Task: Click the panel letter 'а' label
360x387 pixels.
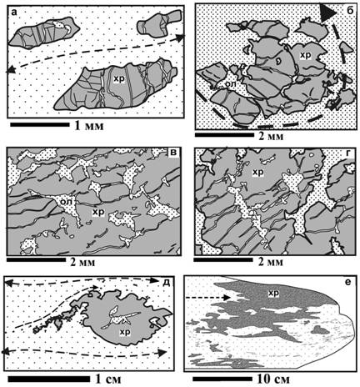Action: (13, 13)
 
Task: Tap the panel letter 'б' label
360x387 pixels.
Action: (349, 11)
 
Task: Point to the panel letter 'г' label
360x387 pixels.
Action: (349, 153)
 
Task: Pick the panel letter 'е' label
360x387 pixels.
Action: (347, 283)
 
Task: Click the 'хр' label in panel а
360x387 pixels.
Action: (118, 79)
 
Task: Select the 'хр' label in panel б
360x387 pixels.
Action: (305, 55)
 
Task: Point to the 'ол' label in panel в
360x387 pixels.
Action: (67, 201)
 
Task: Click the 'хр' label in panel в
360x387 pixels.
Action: (98, 212)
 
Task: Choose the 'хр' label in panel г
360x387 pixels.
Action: (257, 173)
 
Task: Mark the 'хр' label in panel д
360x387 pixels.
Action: (125, 332)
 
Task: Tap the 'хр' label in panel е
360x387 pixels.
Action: (273, 293)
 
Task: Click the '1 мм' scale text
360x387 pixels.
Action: (89, 126)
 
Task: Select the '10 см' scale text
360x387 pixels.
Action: (272, 379)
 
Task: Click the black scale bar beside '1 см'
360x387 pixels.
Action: (49, 379)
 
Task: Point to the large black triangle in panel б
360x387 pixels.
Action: (327, 13)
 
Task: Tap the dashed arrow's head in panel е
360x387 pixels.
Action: (227, 298)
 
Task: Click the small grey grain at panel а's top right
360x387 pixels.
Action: (159, 23)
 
